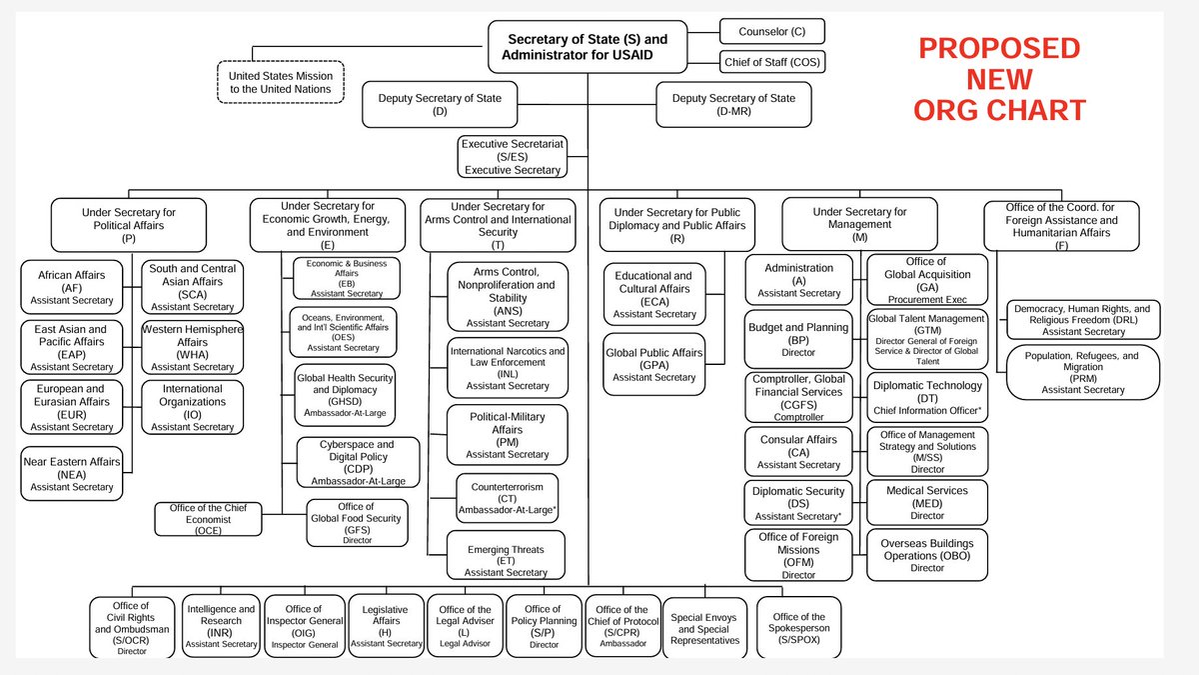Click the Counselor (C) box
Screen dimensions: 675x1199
coord(771,32)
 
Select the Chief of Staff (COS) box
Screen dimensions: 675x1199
coord(772,63)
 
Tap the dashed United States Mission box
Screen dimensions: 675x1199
coord(280,82)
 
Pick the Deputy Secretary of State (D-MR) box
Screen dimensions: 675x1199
coord(733,104)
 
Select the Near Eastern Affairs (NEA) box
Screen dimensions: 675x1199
coord(71,474)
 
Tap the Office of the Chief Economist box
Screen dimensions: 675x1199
coord(208,518)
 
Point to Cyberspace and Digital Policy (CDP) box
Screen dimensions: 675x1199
coord(357,462)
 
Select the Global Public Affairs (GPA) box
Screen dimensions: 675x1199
coord(653,364)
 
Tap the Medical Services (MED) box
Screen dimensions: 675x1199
coord(926,502)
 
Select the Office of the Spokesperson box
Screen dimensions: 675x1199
coord(798,627)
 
